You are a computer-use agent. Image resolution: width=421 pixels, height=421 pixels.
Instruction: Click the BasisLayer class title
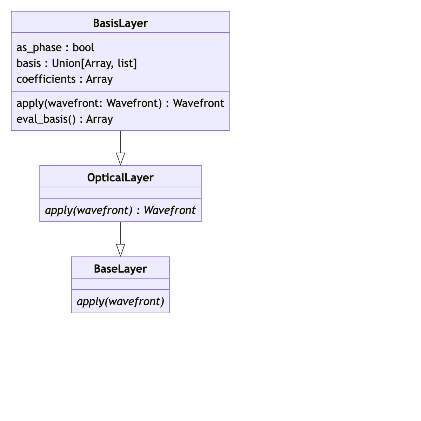click(x=120, y=23)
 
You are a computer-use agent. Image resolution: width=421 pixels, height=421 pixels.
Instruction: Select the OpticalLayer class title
click(x=120, y=178)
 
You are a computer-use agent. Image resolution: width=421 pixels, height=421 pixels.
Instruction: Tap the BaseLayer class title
click(x=120, y=269)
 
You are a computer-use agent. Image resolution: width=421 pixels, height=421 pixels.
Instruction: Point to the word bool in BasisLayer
click(x=83, y=47)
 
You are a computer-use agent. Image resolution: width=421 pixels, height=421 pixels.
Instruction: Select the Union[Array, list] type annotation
click(x=94, y=63)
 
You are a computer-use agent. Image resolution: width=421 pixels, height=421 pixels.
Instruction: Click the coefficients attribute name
click(x=46, y=79)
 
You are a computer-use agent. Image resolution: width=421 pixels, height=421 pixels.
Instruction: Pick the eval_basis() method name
click(x=46, y=119)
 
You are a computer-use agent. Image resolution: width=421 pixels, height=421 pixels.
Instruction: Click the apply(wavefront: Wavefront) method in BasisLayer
click(x=89, y=103)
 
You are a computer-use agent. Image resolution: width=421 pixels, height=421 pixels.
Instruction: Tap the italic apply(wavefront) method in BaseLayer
click(x=120, y=301)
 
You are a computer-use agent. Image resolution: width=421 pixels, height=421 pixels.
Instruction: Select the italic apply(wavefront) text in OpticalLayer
click(x=89, y=210)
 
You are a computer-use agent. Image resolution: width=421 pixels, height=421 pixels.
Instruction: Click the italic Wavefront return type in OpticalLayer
click(x=169, y=210)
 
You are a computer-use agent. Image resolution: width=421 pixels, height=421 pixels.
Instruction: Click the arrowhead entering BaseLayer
click(x=120, y=250)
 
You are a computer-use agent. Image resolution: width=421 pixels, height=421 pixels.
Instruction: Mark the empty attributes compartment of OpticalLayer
click(x=120, y=193)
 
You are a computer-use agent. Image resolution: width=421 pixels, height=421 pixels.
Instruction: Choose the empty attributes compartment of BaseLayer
click(x=120, y=284)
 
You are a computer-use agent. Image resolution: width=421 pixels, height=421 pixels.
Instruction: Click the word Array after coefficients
click(x=99, y=79)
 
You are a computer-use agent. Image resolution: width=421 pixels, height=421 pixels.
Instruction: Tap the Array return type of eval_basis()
click(x=100, y=119)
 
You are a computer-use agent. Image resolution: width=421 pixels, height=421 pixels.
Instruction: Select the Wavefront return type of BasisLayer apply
click(x=199, y=103)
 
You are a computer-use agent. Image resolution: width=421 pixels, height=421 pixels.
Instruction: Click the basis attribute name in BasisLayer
click(x=29, y=63)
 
